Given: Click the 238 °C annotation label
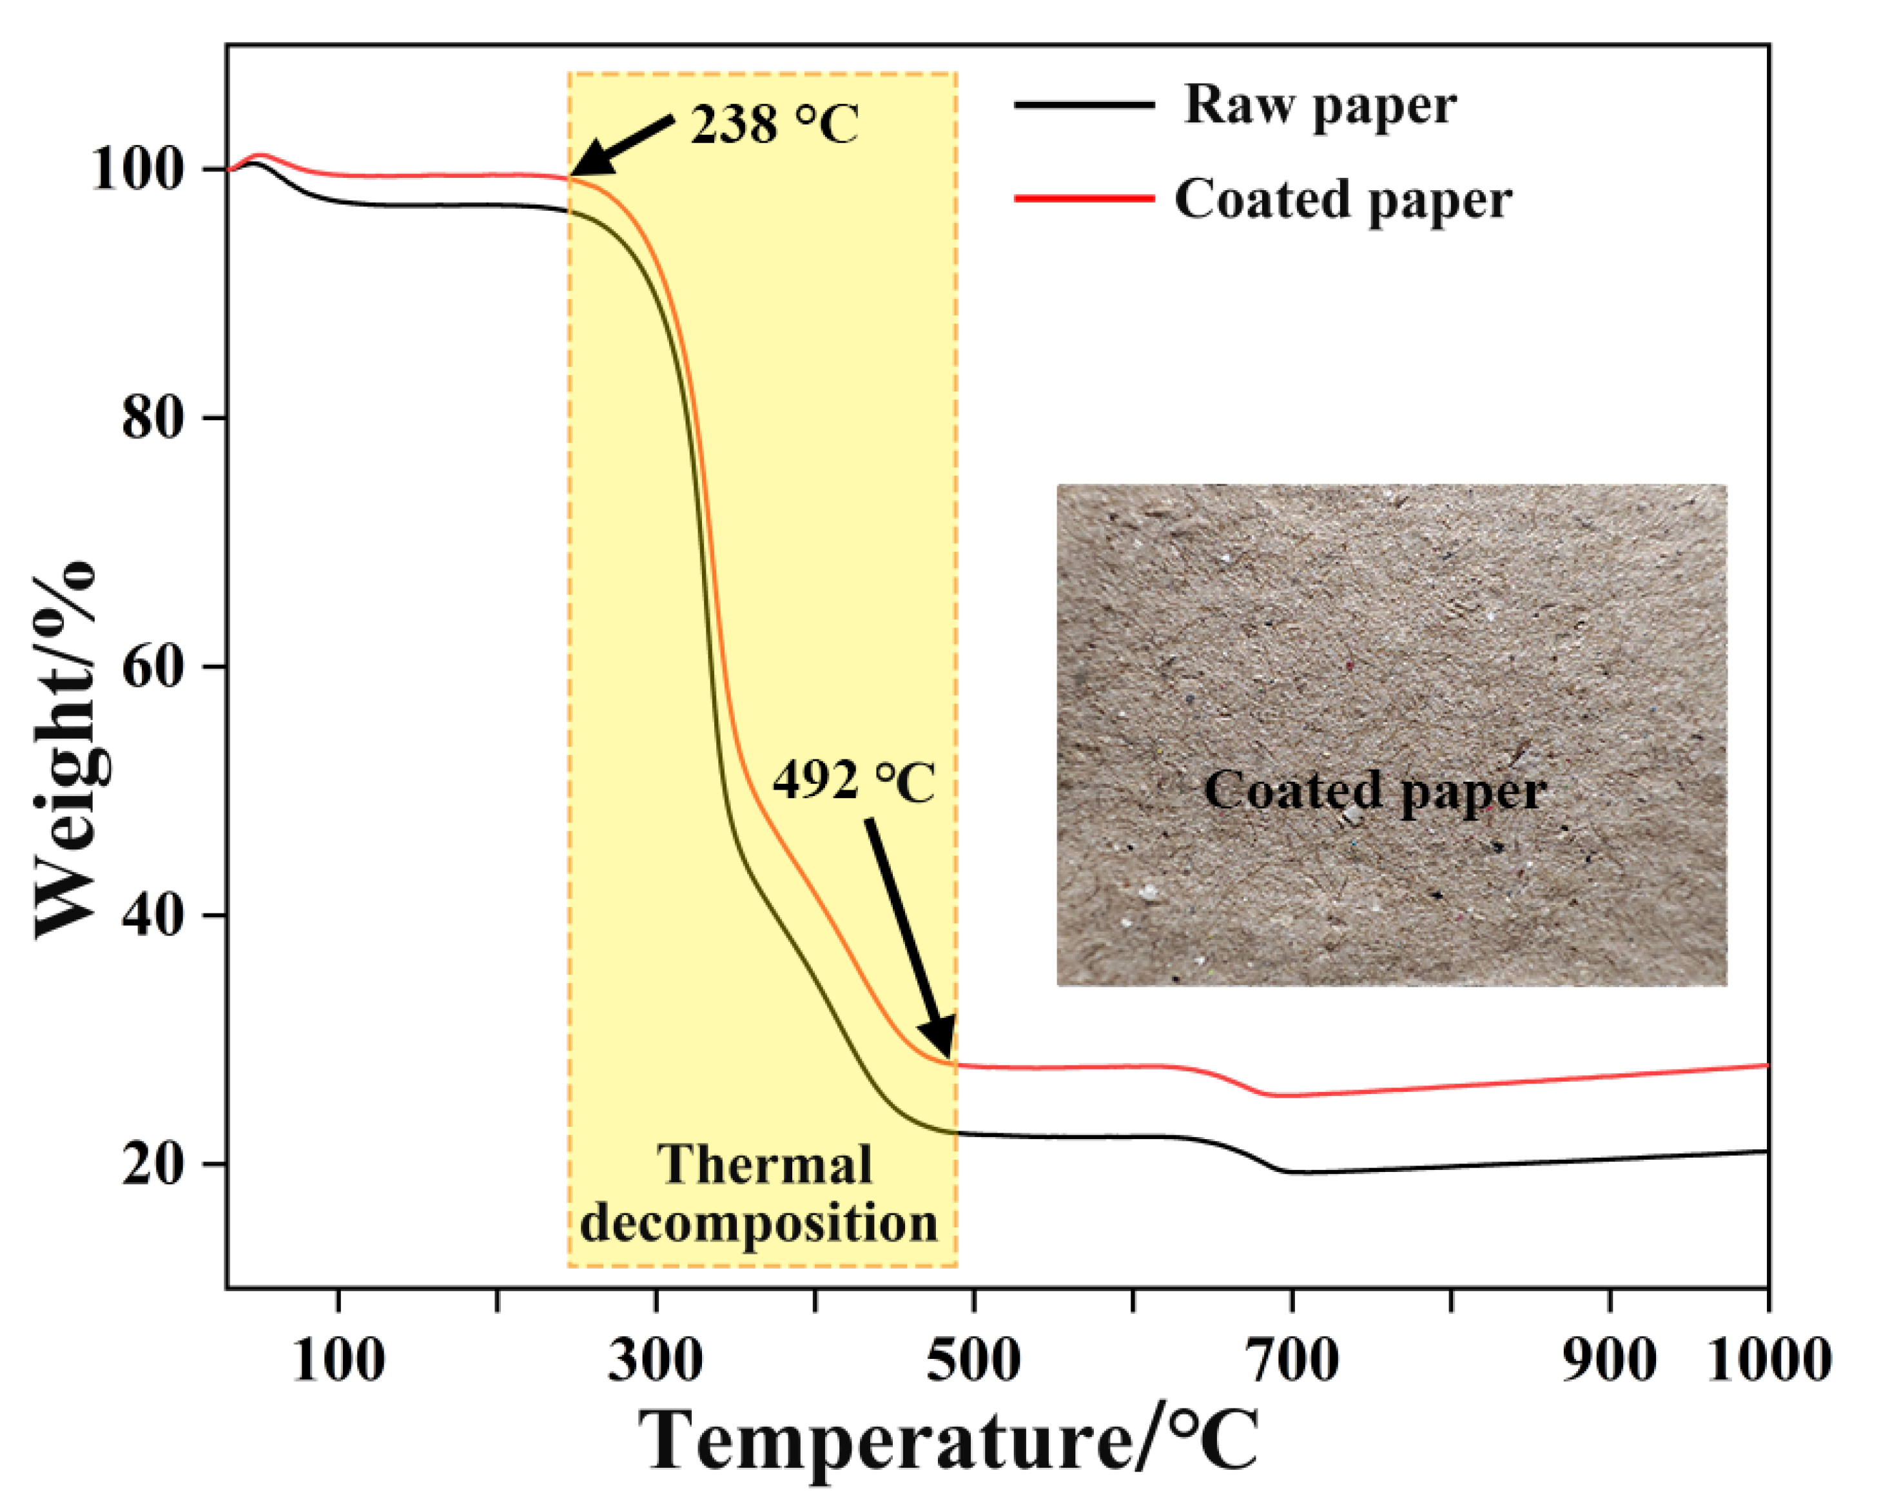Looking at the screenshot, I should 774,124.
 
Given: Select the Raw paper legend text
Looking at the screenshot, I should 1320,106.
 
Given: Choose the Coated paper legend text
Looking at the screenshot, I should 1343,200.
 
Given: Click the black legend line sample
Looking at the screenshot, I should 1084,104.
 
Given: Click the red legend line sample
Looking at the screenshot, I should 1084,198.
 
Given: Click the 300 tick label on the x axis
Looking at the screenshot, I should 656,1361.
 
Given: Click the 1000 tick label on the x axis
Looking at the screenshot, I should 1769,1361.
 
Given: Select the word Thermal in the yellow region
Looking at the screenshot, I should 765,1166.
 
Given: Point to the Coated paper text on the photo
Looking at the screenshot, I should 1374,791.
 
